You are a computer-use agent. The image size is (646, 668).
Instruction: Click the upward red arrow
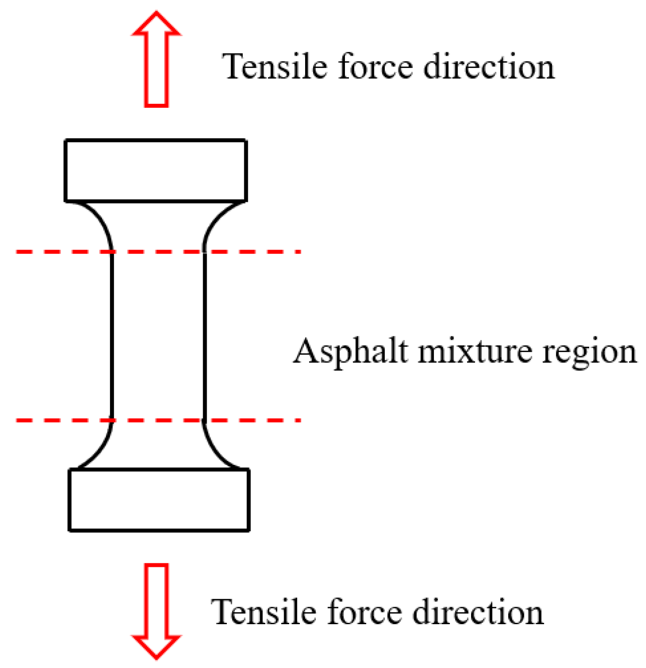coord(156,60)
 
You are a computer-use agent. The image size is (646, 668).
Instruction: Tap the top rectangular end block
coord(156,170)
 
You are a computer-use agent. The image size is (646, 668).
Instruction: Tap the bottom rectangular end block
coord(159,500)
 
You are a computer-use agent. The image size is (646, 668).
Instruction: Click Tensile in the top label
coord(275,67)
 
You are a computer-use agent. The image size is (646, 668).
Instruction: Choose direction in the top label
coord(489,67)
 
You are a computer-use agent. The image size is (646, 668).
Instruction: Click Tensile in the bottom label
coord(263,612)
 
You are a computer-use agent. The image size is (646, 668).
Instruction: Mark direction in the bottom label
coord(477,612)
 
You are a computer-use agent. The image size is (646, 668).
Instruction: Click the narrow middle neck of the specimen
coord(158,336)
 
